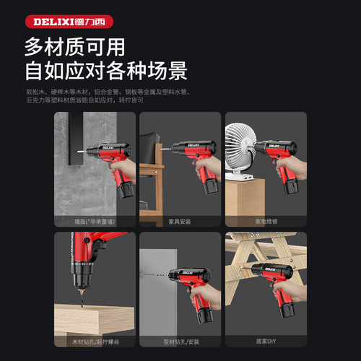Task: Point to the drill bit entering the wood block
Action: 81,296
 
